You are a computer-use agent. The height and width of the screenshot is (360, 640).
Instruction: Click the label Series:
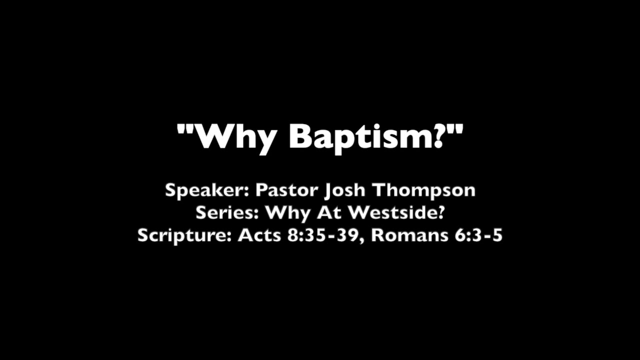pyautogui.click(x=227, y=213)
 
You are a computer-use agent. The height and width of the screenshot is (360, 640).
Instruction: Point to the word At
pyautogui.click(x=330, y=213)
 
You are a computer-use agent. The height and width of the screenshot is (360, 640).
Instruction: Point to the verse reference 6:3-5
pyautogui.click(x=478, y=235)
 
